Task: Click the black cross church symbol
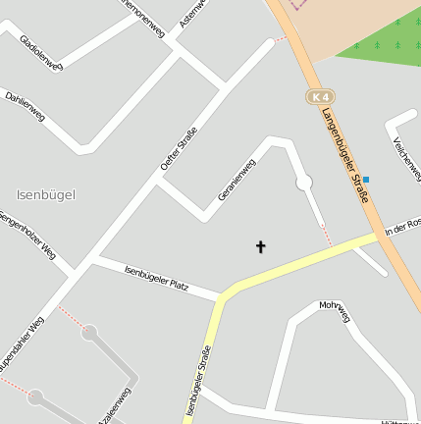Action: point(261,246)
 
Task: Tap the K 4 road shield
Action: point(319,97)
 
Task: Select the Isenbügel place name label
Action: point(46,194)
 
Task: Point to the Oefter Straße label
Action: point(179,149)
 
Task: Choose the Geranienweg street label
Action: point(237,181)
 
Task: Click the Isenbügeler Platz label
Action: point(157,277)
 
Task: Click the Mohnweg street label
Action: point(335,310)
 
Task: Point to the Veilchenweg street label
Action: point(405,153)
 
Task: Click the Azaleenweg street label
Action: point(114,407)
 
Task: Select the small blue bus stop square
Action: point(366,179)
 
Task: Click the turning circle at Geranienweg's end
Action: point(304,182)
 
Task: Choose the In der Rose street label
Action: point(402,227)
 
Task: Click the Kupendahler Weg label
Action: point(23,344)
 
